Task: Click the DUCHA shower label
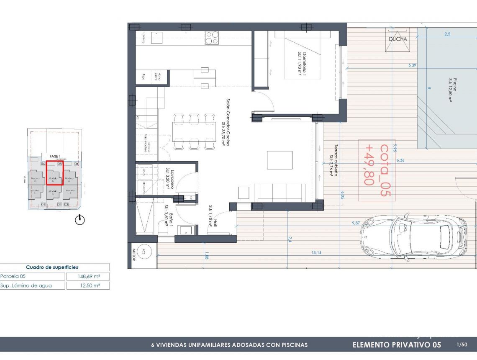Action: [x=398, y=39]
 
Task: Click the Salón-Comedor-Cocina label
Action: [x=226, y=121]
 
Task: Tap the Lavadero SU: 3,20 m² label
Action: [x=169, y=179]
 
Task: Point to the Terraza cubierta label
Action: [x=333, y=161]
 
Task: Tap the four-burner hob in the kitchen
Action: [x=212, y=38]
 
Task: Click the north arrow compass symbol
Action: [x=79, y=219]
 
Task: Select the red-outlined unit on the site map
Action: [x=54, y=172]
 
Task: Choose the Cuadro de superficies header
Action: [x=52, y=267]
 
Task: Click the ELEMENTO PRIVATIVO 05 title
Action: [x=397, y=345]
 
